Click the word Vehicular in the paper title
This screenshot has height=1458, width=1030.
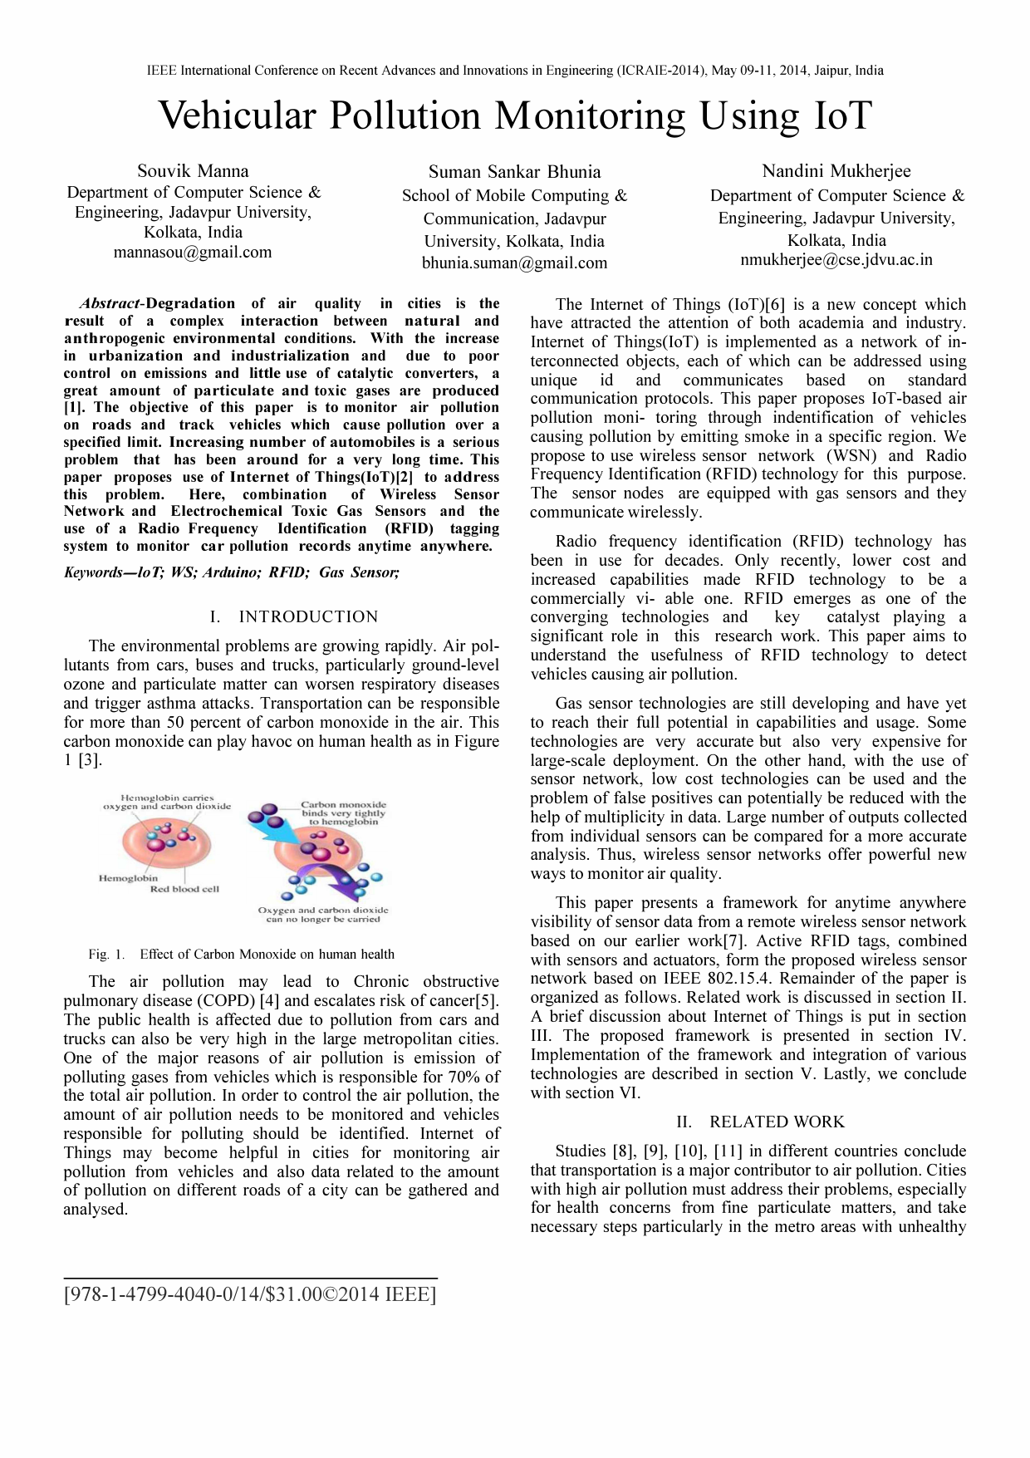[x=237, y=115]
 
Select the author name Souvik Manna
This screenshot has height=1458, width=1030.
[x=193, y=171]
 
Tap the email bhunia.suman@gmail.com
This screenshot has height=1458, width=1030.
[x=514, y=263]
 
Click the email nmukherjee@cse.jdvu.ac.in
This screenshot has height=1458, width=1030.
[x=836, y=260]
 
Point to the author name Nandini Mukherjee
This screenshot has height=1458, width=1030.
[x=836, y=171]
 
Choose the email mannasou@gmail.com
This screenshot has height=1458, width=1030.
[x=193, y=253]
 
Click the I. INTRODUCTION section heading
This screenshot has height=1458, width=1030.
[x=295, y=616]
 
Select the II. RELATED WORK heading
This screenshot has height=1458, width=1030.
[x=760, y=1122]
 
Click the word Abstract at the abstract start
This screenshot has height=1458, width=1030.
[x=111, y=304]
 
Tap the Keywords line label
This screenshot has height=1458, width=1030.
[x=96, y=572]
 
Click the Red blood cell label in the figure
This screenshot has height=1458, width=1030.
[x=184, y=890]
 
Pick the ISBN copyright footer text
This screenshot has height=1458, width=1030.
[x=249, y=1294]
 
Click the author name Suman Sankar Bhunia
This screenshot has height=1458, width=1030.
[x=514, y=172]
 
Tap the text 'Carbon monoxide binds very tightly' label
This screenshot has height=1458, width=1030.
[x=343, y=813]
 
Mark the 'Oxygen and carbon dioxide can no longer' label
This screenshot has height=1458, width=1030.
[x=322, y=915]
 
